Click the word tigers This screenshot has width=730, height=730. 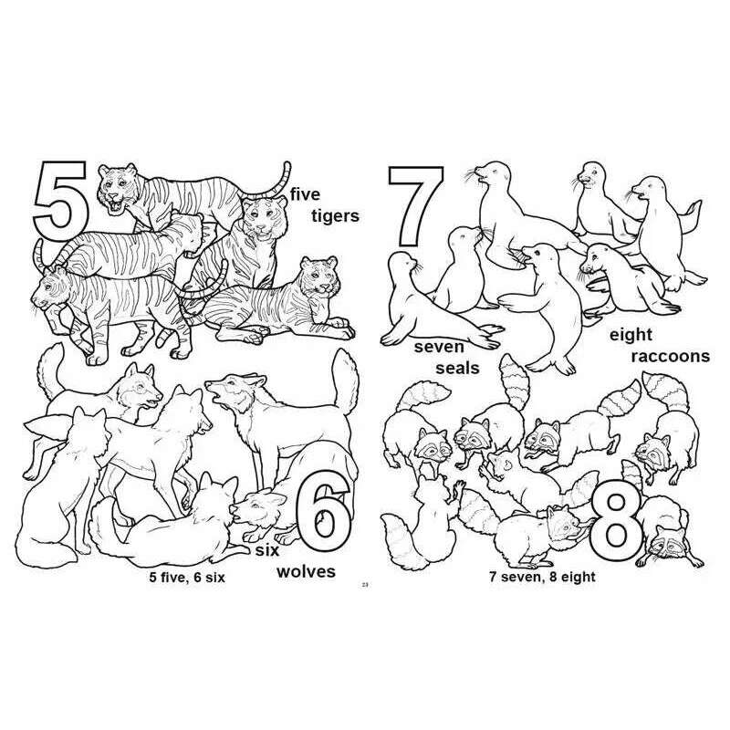(x=335, y=216)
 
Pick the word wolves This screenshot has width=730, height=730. (x=306, y=571)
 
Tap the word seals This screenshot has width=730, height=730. (x=457, y=368)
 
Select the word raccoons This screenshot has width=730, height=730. (x=671, y=356)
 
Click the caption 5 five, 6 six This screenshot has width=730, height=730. (x=187, y=578)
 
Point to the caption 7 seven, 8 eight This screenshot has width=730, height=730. (x=542, y=577)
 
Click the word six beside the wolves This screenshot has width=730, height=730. (x=267, y=551)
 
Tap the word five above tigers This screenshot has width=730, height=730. (x=305, y=193)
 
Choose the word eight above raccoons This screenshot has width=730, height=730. (x=631, y=335)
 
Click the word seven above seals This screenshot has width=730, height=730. (x=440, y=347)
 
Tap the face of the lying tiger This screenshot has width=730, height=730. (x=321, y=278)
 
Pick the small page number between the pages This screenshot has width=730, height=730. (x=365, y=585)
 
